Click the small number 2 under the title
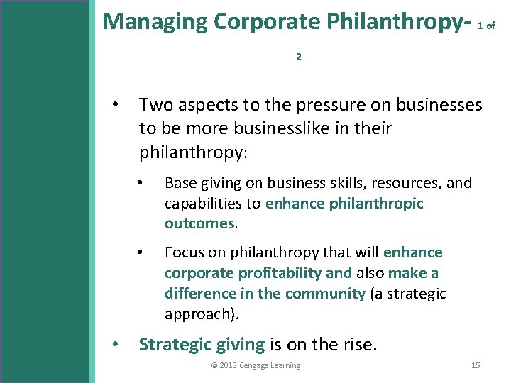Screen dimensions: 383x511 point(298,57)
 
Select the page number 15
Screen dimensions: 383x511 point(476,365)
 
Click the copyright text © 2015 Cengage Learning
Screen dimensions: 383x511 point(255,365)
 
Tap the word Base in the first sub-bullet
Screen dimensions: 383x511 point(180,183)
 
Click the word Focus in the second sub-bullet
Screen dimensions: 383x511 point(185,252)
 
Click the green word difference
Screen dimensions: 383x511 point(199,293)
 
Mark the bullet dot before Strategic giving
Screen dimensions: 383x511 point(116,345)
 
